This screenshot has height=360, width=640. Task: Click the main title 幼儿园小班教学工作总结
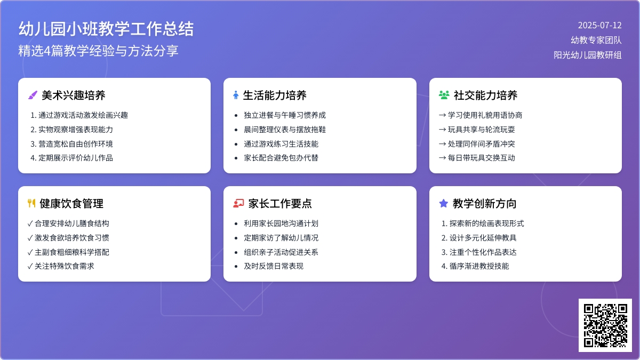pos(106,29)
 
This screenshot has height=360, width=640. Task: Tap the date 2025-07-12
pos(599,26)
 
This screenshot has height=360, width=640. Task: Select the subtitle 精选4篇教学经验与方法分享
pos(98,51)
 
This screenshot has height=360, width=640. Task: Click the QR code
pos(605,325)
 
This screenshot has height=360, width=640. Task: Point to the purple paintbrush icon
pos(33,95)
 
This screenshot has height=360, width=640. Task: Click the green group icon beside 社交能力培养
pos(444,95)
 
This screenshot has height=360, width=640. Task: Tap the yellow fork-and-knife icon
pos(31,203)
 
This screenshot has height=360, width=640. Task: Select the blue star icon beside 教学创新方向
pos(443,203)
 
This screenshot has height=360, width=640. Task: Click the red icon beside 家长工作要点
pos(238,203)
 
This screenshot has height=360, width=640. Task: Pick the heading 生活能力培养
pos(275,95)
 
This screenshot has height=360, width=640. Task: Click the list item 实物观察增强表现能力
pos(76,130)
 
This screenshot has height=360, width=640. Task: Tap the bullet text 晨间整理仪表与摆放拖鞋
pos(285,130)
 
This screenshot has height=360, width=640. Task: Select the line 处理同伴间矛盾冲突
pos(482,143)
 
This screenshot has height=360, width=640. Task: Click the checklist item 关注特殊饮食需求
pos(65,266)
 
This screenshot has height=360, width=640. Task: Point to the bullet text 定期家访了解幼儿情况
pos(281,238)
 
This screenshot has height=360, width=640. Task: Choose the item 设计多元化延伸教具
pos(483,238)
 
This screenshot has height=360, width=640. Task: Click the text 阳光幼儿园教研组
pos(587,55)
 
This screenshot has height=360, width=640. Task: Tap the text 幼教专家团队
pos(596,40)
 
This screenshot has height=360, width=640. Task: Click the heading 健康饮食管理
pos(71,204)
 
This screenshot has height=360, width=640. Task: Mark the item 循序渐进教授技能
pos(479,266)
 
